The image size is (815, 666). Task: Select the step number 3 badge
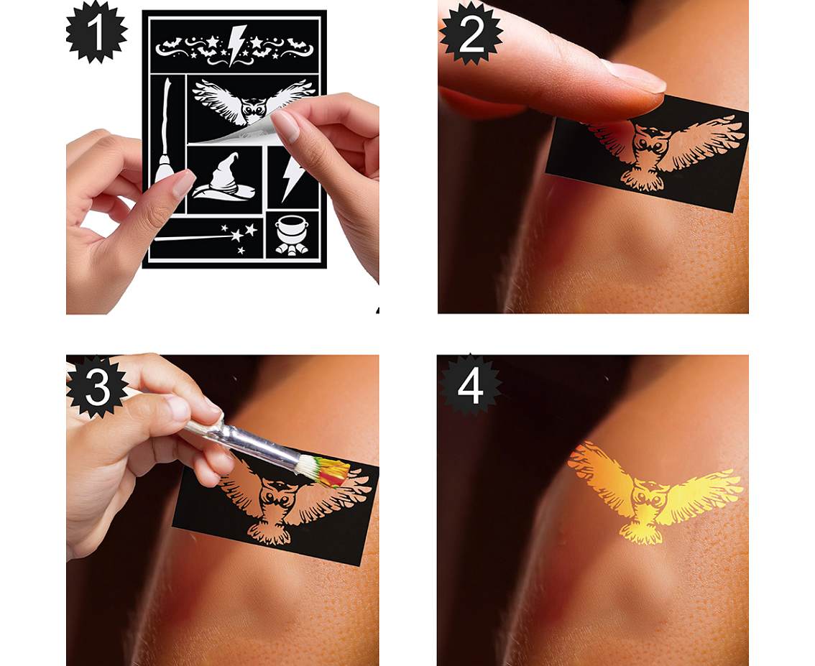97,387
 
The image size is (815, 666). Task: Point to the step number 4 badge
470,387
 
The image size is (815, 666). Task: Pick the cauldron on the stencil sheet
292,235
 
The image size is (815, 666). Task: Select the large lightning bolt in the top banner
237,45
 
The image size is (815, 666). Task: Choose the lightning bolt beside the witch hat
292,178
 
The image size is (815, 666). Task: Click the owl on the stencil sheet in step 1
253,102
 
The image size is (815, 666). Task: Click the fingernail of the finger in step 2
634,77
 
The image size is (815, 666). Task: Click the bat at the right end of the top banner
298,44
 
